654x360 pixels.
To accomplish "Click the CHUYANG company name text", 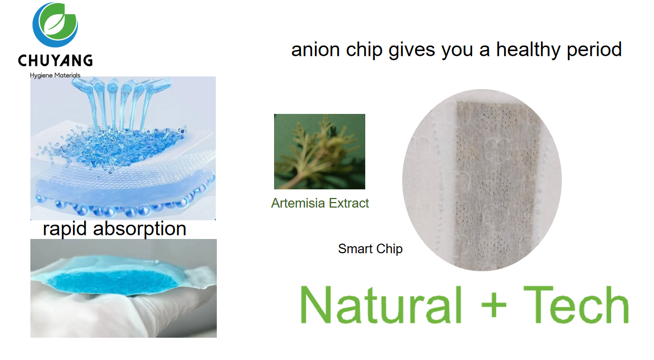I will (55, 61).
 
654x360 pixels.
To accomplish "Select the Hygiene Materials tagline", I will (55, 75).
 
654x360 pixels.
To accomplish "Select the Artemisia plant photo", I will (319, 151).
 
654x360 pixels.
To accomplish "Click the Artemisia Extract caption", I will (320, 203).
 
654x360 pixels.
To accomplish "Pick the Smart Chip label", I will (370, 249).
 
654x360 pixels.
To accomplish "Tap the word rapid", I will (65, 228).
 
